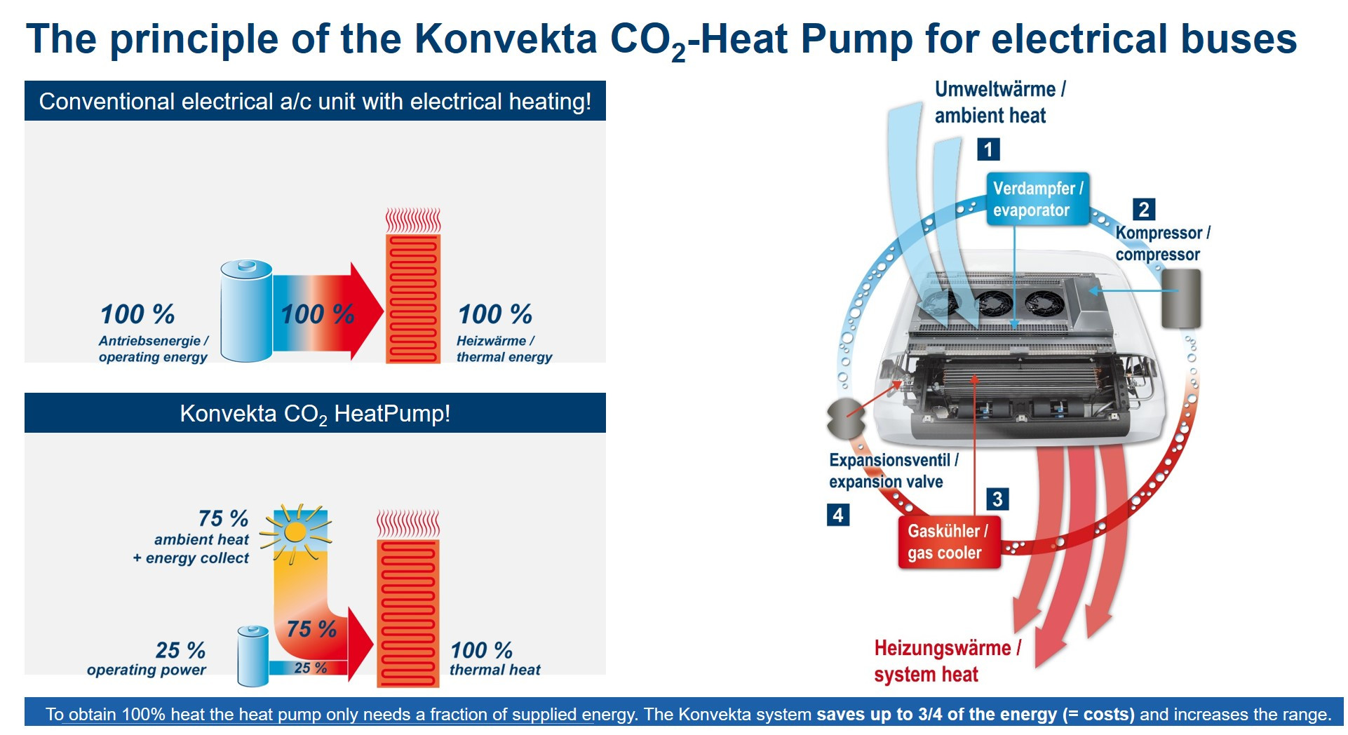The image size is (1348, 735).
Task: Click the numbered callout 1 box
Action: click(988, 149)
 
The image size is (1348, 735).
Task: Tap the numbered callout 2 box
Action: click(1144, 209)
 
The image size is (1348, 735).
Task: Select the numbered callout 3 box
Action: click(997, 499)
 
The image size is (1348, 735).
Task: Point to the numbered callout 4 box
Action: click(837, 515)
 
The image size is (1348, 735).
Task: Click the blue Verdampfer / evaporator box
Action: click(1037, 199)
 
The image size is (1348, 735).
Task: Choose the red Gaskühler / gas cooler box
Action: click(949, 541)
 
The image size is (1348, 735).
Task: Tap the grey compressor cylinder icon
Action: click(1181, 298)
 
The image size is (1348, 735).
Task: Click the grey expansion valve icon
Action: click(846, 419)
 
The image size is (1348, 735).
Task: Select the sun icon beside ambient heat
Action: click(295, 533)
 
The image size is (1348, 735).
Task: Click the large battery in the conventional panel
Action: click(246, 311)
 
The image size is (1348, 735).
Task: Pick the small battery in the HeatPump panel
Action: click(252, 656)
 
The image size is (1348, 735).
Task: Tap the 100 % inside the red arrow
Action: click(317, 314)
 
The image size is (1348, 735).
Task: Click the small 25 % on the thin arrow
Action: click(310, 668)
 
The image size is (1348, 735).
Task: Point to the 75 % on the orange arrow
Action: click(311, 628)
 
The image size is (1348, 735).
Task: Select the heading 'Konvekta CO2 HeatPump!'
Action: click(315, 414)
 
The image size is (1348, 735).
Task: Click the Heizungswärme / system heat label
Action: click(947, 661)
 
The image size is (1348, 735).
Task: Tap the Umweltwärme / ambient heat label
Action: click(1000, 102)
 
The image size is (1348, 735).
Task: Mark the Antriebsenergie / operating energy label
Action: click(153, 349)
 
